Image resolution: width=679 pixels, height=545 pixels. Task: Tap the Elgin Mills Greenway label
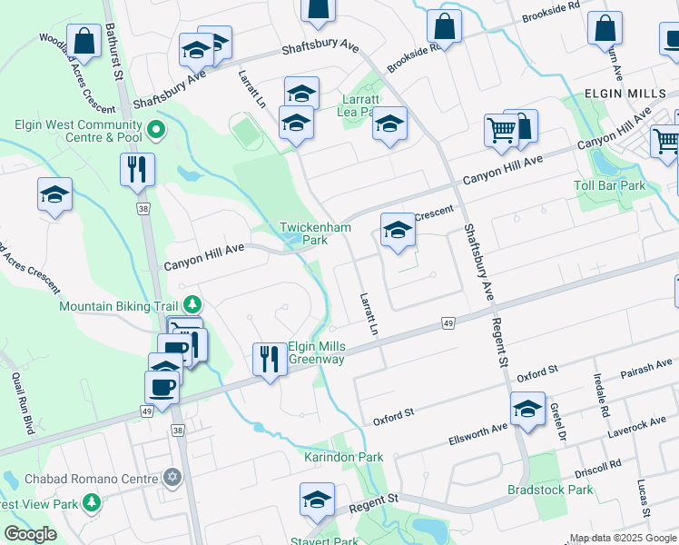pos(317,352)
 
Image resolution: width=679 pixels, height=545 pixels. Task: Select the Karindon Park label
pos(343,457)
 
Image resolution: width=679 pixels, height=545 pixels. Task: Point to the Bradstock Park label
pos(550,490)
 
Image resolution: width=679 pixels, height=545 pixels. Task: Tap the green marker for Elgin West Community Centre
pos(156,131)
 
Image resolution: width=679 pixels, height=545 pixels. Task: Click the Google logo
pos(30,534)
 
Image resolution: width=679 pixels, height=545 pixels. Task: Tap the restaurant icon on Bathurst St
pos(137,169)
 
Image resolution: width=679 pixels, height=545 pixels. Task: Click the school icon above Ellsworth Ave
pos(526,409)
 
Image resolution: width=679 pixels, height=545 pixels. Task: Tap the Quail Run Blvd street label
pos(23,402)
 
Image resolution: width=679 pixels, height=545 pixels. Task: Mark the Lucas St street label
pos(643,498)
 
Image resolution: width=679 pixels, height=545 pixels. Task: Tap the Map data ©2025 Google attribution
pos(622,538)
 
